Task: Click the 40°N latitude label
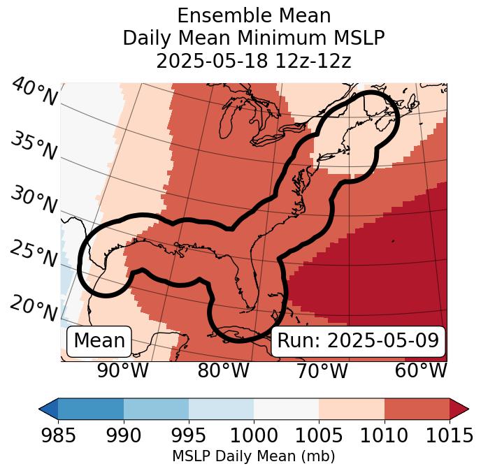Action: pos(34,92)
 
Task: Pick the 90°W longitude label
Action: pos(122,370)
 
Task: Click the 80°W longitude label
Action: pos(223,370)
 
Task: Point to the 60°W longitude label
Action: pos(421,370)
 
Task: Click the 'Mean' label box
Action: pos(99,341)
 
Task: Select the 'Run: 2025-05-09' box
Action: pos(358,341)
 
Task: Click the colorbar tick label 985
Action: pos(58,435)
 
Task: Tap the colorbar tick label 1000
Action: pos(254,435)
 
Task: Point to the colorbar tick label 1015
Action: pos(449,435)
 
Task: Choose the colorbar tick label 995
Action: pos(189,435)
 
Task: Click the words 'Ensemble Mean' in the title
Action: pos(254,15)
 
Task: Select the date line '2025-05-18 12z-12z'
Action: pos(254,61)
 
